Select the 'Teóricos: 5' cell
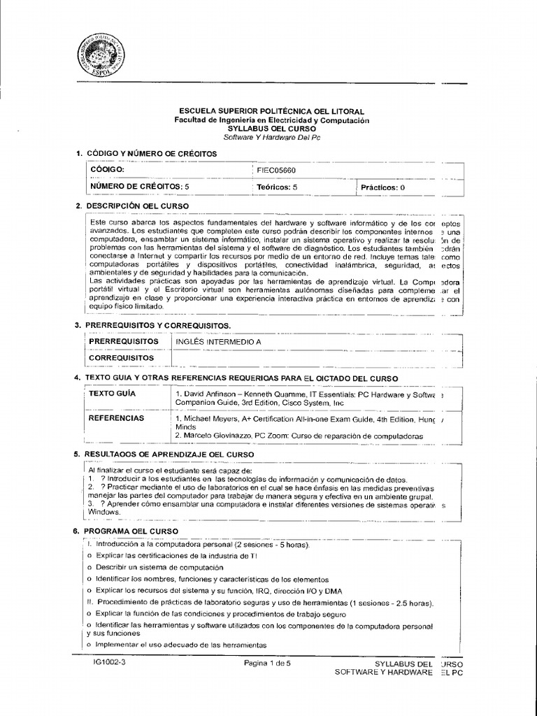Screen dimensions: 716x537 [277, 187]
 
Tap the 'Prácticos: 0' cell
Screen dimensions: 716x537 [382, 188]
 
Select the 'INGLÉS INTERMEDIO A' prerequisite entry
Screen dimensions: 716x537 [217, 341]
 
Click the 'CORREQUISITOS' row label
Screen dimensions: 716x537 [121, 358]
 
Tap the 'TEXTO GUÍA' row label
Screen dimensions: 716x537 [112, 394]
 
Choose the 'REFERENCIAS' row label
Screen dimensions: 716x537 [117, 418]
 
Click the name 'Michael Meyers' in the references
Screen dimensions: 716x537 [208, 419]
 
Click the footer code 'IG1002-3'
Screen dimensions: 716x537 [109, 661]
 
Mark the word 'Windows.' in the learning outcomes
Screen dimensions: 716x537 [105, 512]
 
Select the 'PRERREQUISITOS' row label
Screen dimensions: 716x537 [120, 341]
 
